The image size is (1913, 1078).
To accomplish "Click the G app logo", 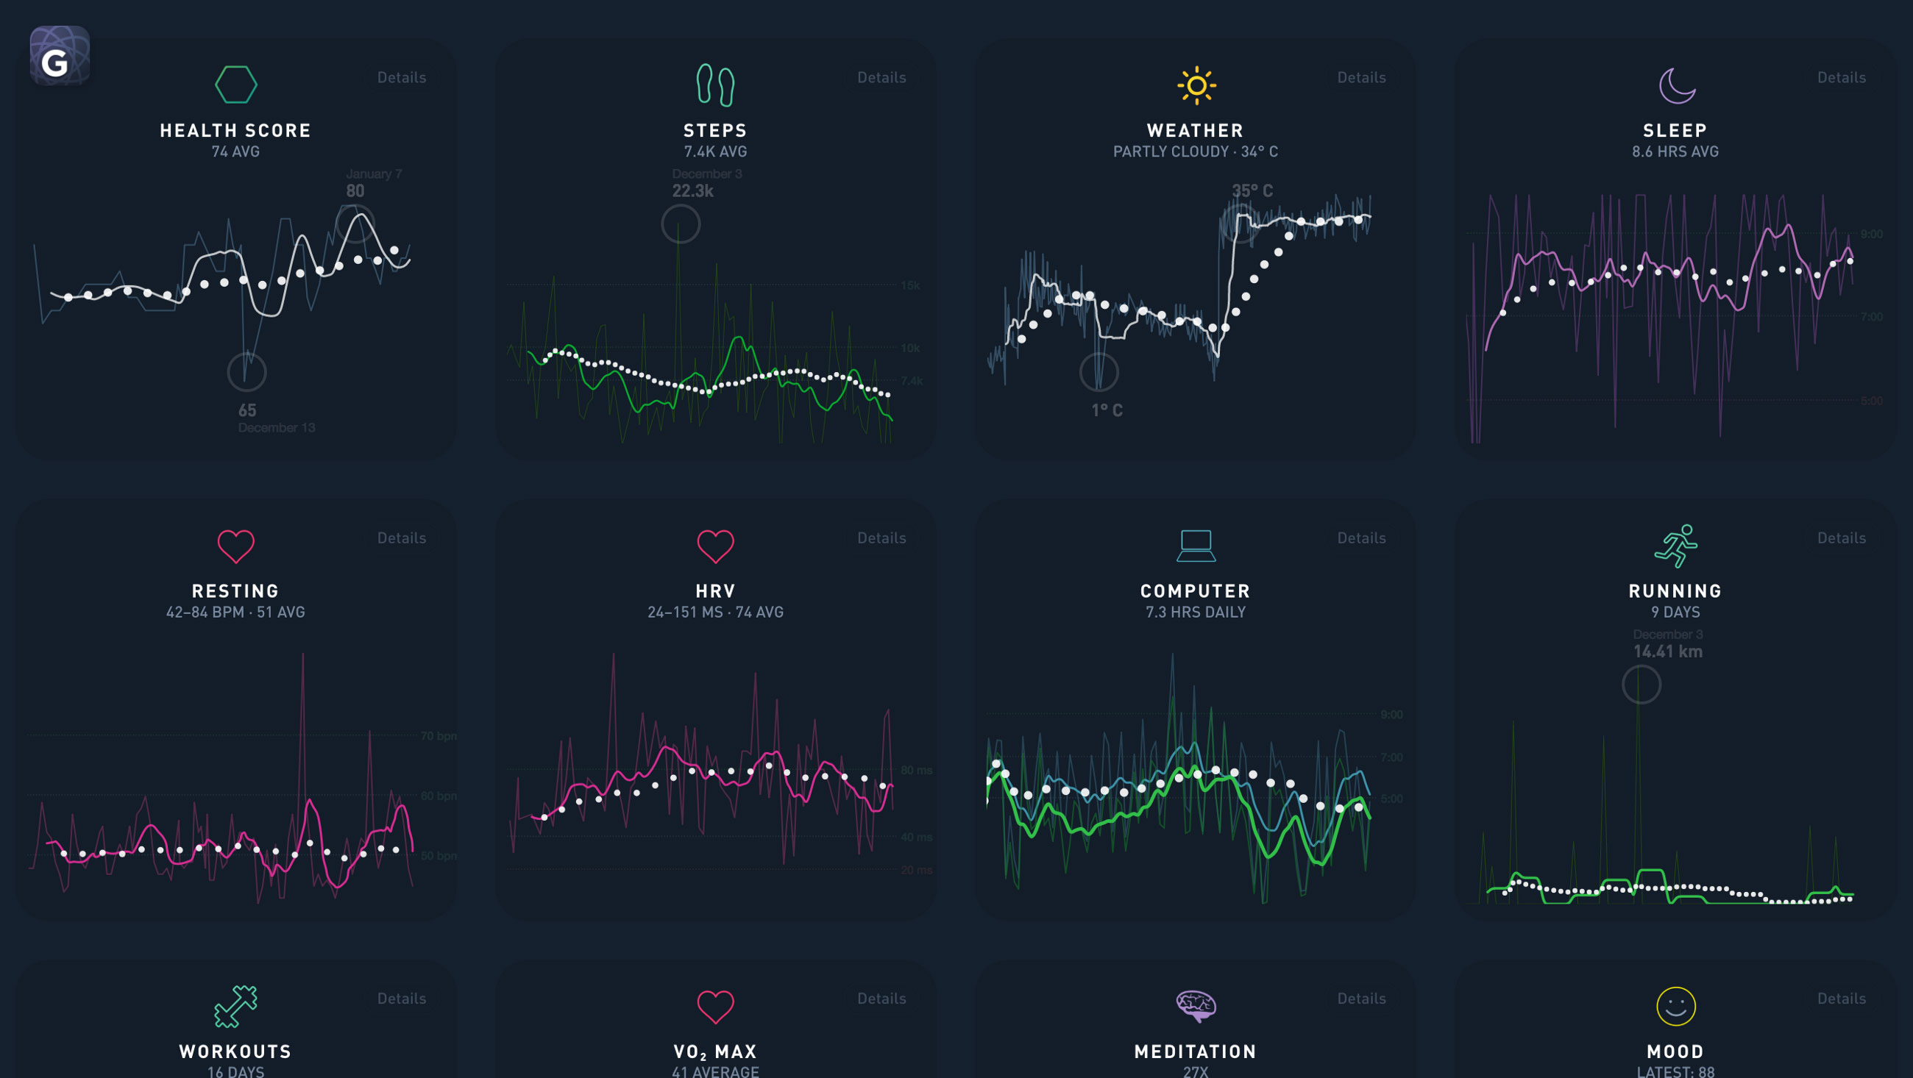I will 60,57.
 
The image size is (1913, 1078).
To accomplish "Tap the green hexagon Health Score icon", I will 235,85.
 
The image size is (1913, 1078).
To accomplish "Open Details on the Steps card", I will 881,77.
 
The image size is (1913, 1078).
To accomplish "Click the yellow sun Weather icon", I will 1196,85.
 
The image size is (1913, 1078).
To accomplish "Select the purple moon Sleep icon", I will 1676,85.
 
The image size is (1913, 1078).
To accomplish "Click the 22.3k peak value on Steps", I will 692,190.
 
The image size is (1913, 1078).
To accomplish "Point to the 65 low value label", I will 247,410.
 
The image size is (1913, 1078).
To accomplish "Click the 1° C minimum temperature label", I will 1106,410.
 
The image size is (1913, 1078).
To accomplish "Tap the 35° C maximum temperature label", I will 1252,190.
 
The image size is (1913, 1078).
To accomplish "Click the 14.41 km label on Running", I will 1667,651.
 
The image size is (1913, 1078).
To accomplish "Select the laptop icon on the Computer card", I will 1196,546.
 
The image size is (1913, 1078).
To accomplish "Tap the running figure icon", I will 1675,546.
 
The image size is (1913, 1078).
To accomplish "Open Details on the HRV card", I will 881,538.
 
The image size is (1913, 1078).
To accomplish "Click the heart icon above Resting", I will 235,546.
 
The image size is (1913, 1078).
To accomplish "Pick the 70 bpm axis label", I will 438,736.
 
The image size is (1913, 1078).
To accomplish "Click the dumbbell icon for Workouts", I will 235,1006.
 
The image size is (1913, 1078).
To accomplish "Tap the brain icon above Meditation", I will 1196,1006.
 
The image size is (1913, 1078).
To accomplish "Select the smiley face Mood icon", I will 1675,1006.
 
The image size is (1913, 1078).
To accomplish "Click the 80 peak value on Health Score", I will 355,190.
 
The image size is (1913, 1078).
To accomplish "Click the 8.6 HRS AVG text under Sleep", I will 1675,151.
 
